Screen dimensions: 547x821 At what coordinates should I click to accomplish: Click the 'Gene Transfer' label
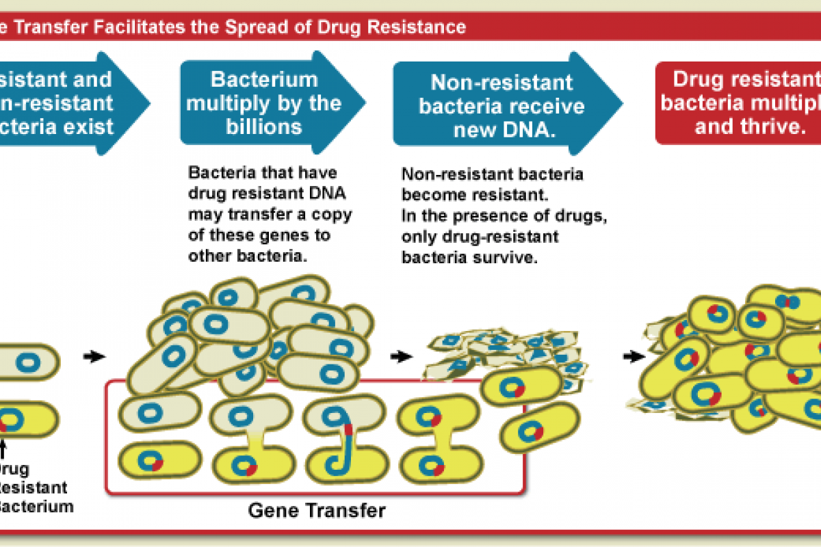[317, 511]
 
